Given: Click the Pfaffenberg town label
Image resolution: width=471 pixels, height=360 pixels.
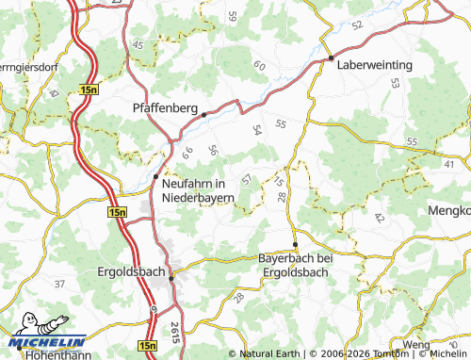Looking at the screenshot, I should pos(166,106).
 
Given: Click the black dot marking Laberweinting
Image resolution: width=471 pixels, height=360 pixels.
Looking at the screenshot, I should pos(331,59).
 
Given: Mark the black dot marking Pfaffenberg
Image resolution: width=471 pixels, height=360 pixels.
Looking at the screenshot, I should pos(203,114).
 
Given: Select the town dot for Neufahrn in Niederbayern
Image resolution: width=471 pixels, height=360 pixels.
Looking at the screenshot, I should pos(155,176).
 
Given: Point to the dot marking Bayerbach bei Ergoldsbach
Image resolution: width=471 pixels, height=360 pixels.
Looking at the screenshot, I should pos(296,244).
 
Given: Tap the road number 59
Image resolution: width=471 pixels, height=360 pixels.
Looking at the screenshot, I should pos(233,16).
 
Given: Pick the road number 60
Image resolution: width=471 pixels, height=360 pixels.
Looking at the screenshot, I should pos(259,65).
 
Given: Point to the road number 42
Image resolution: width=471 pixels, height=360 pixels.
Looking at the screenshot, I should pos(379,218).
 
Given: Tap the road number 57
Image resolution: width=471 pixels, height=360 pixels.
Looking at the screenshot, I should pos(247,178).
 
